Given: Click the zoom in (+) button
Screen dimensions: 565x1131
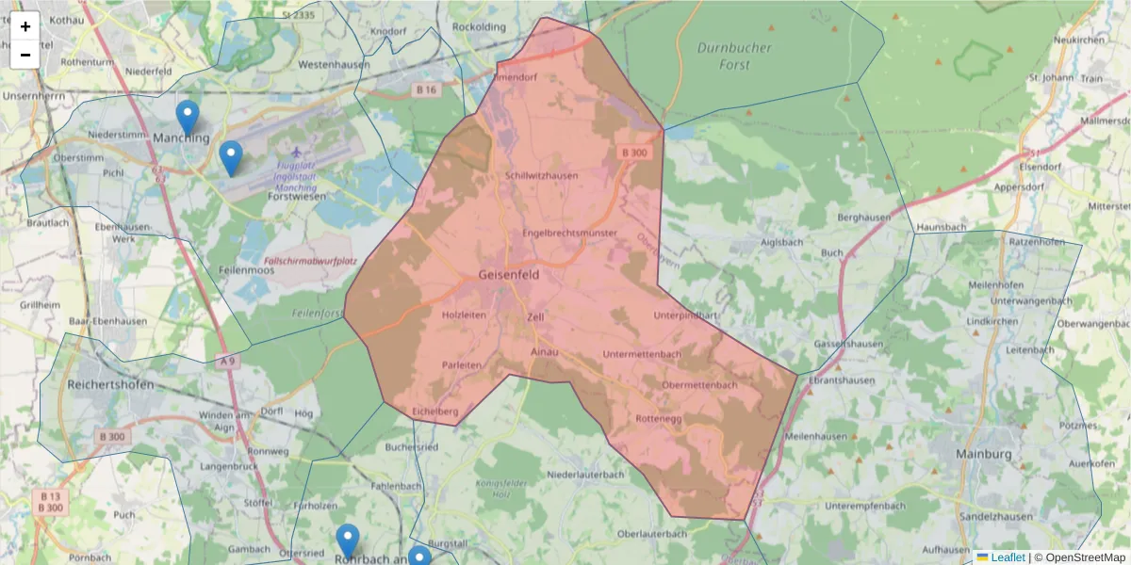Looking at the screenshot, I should (25, 26).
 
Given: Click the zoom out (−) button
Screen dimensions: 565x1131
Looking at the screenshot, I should (25, 55).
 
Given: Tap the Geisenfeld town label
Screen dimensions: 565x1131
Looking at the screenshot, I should (509, 276).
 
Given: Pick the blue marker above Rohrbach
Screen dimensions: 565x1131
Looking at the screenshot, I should (348, 541).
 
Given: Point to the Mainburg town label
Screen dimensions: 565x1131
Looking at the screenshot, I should (982, 454).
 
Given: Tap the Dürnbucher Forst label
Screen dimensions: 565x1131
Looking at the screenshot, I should (734, 56).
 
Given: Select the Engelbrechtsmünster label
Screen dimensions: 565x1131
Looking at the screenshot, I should (569, 233).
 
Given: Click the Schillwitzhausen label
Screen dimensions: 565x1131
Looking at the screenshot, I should (542, 175).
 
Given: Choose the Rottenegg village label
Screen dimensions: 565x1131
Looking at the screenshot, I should (659, 417).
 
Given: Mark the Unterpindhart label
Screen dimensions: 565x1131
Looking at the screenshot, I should (685, 315).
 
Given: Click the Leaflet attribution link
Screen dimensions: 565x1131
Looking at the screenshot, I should (1008, 557).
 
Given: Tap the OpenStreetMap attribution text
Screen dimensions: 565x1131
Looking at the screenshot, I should (1080, 557).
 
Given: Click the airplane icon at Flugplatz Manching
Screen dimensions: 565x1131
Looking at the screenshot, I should (299, 152).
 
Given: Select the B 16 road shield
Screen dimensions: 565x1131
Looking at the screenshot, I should (427, 89).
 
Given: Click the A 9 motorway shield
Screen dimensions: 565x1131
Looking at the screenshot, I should (227, 361).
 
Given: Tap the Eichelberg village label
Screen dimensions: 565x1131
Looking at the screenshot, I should (435, 412).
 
